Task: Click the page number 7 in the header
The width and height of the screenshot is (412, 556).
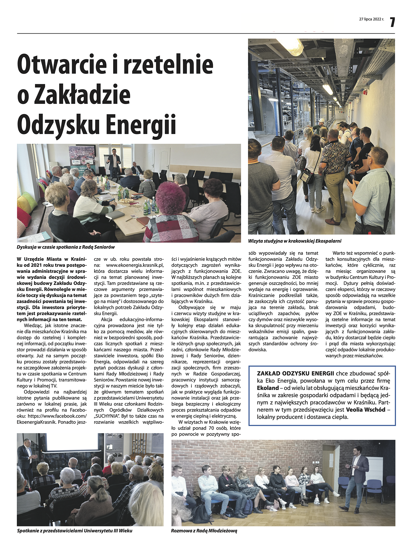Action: pos(392,22)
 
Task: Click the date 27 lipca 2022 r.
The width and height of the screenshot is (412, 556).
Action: pos(371,19)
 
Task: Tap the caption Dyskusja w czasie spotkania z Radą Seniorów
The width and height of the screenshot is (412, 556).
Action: pos(66,247)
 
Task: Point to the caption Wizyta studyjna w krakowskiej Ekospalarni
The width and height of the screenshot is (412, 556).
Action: pos(294,241)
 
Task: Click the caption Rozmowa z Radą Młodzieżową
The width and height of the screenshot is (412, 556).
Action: pos(204,531)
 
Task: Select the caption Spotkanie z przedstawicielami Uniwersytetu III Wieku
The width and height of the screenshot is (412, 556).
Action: pos(74,531)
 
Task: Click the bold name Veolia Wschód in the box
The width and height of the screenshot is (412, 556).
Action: pos(365,410)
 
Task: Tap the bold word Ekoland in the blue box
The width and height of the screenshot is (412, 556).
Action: pos(268,388)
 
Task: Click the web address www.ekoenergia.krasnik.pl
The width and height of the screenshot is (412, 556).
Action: pos(135,265)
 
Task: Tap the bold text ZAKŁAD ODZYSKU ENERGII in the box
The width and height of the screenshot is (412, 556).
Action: pos(295,374)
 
